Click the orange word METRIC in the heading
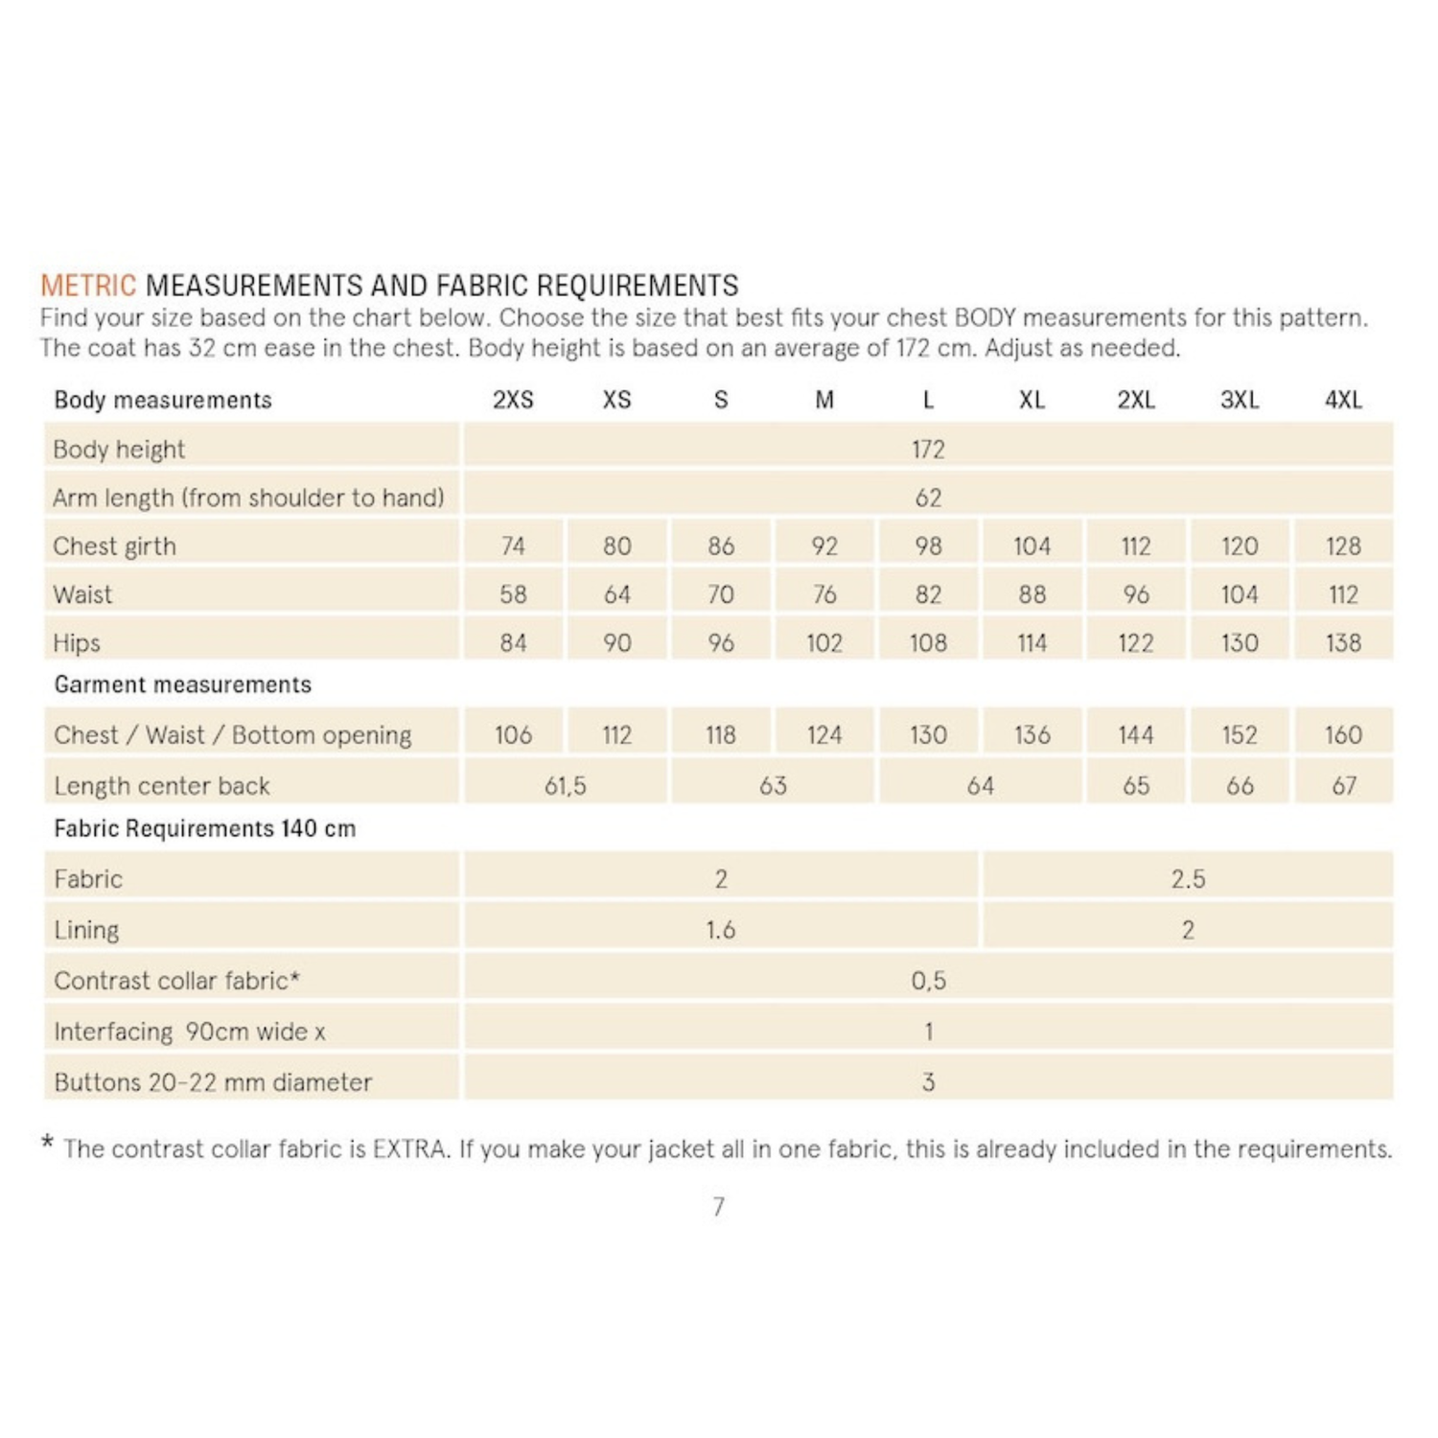[88, 286]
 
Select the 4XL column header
[1343, 400]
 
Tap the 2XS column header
[513, 400]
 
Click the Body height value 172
[927, 449]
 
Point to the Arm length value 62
[927, 498]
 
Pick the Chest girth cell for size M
[823, 546]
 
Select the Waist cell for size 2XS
[513, 594]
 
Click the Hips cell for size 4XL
[1343, 643]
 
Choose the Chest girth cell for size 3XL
[1239, 546]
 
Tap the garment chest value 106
[513, 735]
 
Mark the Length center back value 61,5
[565, 786]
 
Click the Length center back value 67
[1343, 786]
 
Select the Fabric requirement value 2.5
[1188, 879]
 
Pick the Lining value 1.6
[720, 930]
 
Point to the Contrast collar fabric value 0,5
[927, 981]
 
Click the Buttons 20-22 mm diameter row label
[213, 1082]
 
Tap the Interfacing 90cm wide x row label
[190, 1032]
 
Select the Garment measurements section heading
[182, 684]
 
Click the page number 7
[719, 1207]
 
